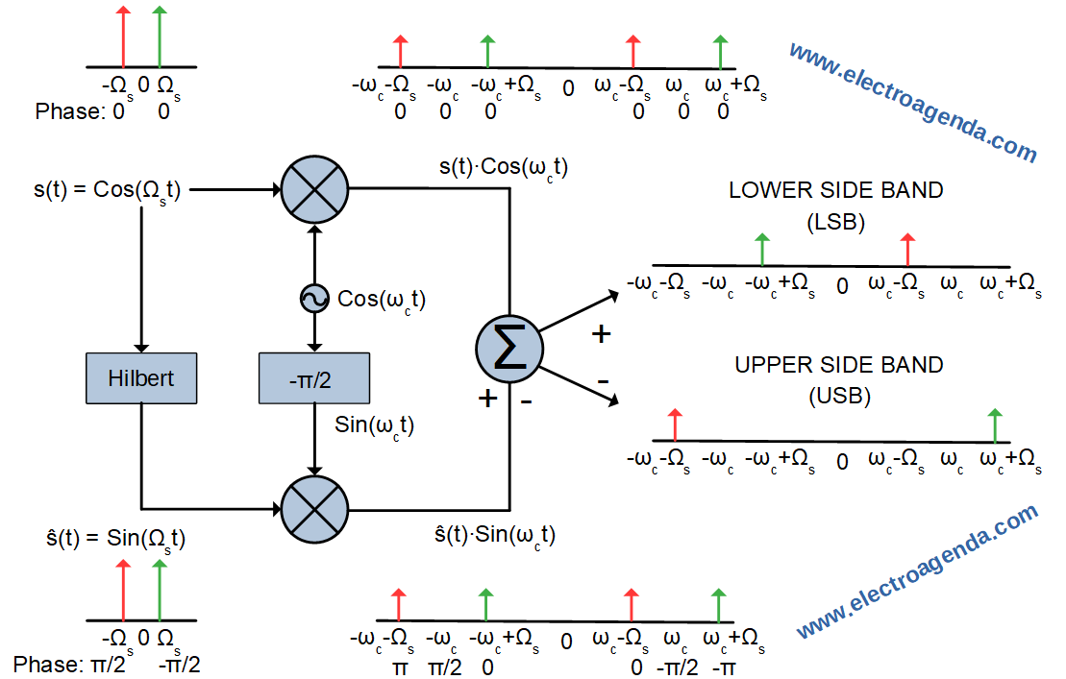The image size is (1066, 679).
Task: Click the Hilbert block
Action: pyautogui.click(x=141, y=377)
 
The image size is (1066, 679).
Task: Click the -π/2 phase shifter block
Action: pyautogui.click(x=314, y=377)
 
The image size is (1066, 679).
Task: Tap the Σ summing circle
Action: pyautogui.click(x=508, y=352)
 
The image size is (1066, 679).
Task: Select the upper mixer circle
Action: pyautogui.click(x=314, y=189)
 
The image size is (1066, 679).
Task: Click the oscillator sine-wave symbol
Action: pyautogui.click(x=314, y=300)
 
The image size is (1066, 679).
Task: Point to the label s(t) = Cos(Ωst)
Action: pyautogui.click(x=107, y=190)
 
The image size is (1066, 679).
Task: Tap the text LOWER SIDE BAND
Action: pyautogui.click(x=835, y=190)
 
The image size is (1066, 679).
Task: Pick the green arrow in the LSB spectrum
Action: pyautogui.click(x=762, y=249)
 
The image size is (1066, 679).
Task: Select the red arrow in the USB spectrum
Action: pyautogui.click(x=676, y=424)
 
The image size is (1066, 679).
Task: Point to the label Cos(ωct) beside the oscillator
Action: pyautogui.click(x=382, y=300)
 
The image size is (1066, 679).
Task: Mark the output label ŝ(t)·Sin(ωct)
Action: pyautogui.click(x=495, y=535)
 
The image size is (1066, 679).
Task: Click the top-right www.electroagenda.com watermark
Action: pyautogui.click(x=912, y=102)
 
